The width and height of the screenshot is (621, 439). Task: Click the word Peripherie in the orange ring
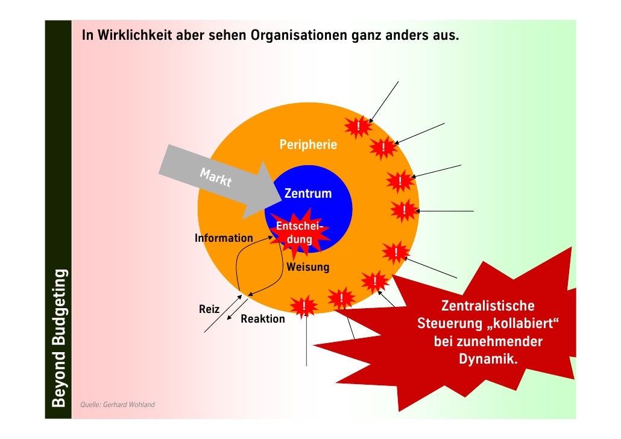pyautogui.click(x=308, y=145)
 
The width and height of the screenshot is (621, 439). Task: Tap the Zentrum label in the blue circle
pyautogui.click(x=307, y=194)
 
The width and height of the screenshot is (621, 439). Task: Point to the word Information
pyautogui.click(x=224, y=238)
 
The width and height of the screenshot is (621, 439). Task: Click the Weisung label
pyautogui.click(x=308, y=267)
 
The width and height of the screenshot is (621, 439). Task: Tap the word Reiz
pyautogui.click(x=209, y=309)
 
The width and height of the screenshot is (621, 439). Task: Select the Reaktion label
pyautogui.click(x=263, y=319)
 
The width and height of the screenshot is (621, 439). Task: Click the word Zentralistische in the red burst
pyautogui.click(x=487, y=306)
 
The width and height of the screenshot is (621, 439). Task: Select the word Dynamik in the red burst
pyautogui.click(x=487, y=360)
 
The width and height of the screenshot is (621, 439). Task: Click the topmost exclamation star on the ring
pyautogui.click(x=358, y=126)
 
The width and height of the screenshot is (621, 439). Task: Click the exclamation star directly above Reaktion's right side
pyautogui.click(x=304, y=307)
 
